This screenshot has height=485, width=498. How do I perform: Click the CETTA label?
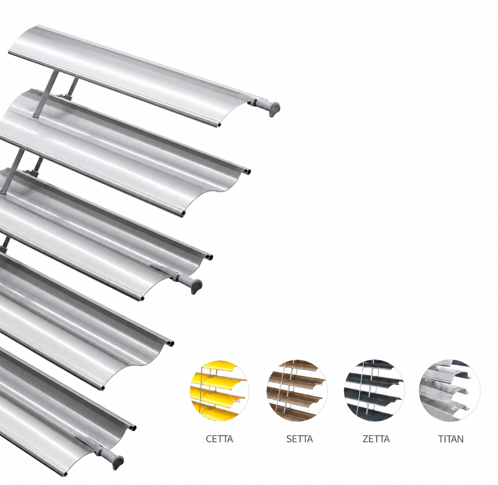pos(219,439)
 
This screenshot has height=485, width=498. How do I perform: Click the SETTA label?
pos(299,439)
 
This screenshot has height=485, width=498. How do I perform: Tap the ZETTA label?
pos(376,439)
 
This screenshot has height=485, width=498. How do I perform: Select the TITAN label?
pos(451,439)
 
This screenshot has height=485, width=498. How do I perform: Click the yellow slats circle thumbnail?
pos(219,391)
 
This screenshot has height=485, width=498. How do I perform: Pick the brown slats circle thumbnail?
pos(297,391)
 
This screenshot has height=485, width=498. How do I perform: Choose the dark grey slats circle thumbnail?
pos(374,391)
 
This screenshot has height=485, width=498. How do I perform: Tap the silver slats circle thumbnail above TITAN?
pos(450,391)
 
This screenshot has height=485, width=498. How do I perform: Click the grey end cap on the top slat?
pos(274,109)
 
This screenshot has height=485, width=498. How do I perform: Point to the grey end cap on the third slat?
pos(196,286)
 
